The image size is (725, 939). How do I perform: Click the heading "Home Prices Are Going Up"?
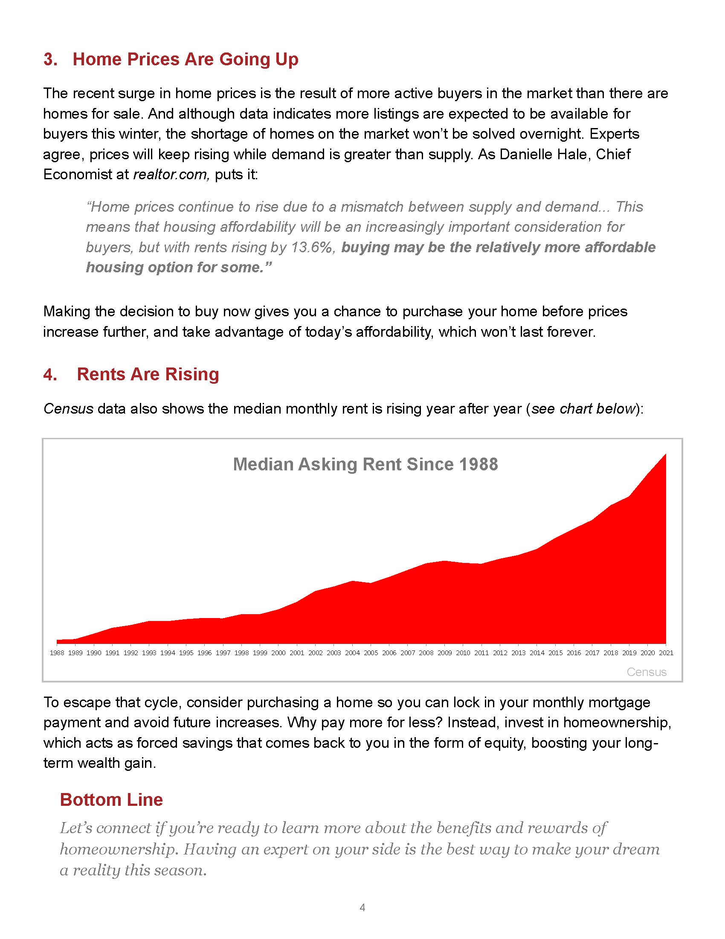pyautogui.click(x=185, y=59)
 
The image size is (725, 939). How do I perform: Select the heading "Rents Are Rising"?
pyautogui.click(x=148, y=374)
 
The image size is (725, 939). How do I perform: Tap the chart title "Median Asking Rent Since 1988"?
pyautogui.click(x=365, y=464)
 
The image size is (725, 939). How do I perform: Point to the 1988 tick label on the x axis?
pyautogui.click(x=57, y=653)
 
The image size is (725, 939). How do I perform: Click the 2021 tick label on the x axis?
pyautogui.click(x=666, y=653)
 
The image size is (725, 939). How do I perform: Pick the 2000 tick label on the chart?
pyautogui.click(x=278, y=653)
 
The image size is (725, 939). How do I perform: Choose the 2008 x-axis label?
pyautogui.click(x=426, y=653)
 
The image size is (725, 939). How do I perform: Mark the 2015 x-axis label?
pyautogui.click(x=555, y=653)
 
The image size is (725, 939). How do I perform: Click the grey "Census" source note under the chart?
pyautogui.click(x=647, y=672)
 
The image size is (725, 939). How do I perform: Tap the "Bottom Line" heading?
pyautogui.click(x=111, y=800)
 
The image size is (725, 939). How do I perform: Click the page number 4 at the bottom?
pyautogui.click(x=362, y=907)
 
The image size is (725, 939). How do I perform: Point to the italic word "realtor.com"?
pyautogui.click(x=171, y=175)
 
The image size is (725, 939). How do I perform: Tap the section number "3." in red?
pyautogui.click(x=50, y=59)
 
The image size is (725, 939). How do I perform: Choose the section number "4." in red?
pyautogui.click(x=50, y=374)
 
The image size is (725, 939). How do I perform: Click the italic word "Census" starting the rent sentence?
pyautogui.click(x=68, y=408)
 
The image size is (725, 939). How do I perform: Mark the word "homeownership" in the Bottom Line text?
pyautogui.click(x=118, y=849)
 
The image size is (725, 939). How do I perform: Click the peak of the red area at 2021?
pyautogui.click(x=665, y=455)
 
